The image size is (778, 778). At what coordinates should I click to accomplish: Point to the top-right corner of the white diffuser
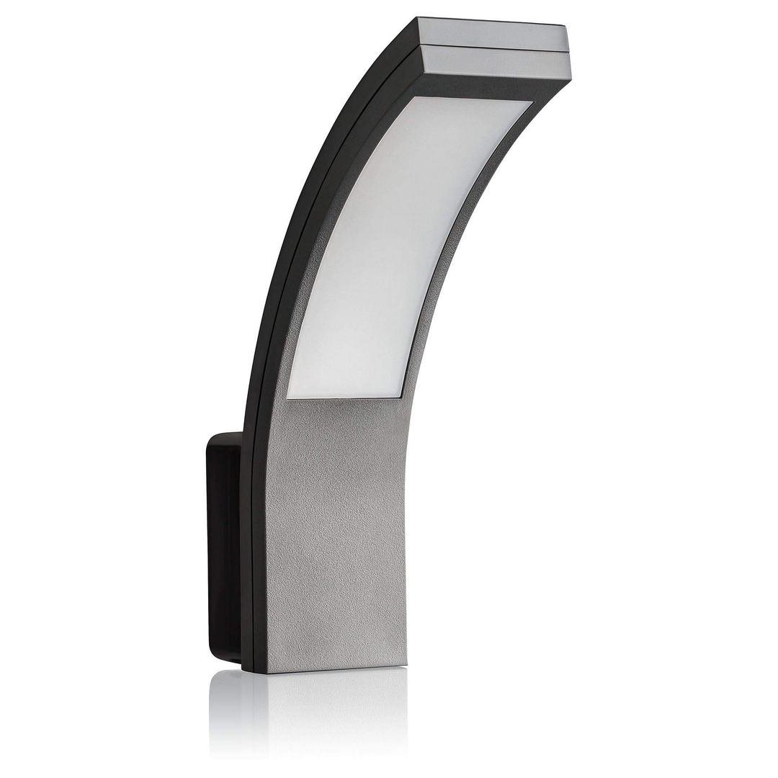532,102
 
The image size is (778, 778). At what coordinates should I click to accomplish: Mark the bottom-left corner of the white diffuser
289,395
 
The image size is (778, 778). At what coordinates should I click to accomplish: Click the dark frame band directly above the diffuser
468,90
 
